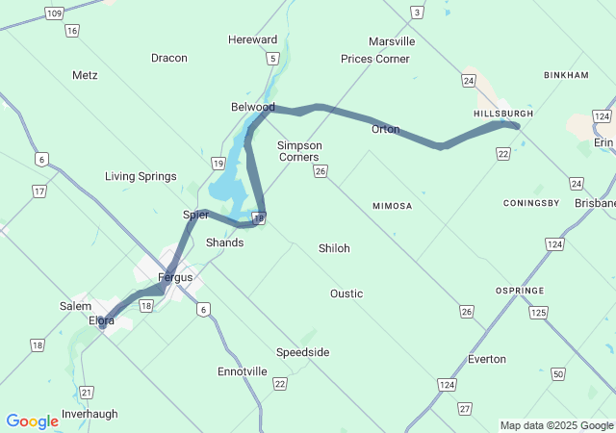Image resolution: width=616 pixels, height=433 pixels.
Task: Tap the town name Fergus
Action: [x=175, y=277]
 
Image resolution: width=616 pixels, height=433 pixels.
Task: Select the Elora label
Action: [x=101, y=320]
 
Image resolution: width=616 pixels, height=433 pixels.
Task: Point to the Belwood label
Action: [x=252, y=107]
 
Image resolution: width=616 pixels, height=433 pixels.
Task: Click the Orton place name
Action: [x=385, y=129]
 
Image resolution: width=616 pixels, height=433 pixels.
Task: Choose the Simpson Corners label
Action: [x=299, y=151]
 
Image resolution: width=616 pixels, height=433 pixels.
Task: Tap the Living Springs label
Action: [x=141, y=176]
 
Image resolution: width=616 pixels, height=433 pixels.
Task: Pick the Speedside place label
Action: [x=302, y=352]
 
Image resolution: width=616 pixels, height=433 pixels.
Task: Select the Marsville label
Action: [x=392, y=41]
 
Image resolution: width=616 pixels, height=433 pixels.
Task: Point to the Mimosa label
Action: [x=392, y=206]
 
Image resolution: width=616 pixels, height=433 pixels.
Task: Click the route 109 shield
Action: [x=54, y=13]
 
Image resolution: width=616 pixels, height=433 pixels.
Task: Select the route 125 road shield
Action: [x=538, y=313]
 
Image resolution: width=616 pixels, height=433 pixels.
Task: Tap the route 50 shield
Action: [x=558, y=373]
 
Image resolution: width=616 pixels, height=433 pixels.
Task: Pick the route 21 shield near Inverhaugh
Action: [x=88, y=392]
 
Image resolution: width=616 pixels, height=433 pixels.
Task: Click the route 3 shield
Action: [x=417, y=12]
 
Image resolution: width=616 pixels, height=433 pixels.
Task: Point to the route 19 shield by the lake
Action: [x=218, y=164]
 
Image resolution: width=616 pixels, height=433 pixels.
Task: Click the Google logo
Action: [x=32, y=420]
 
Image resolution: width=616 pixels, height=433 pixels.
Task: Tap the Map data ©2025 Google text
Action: [x=555, y=425]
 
